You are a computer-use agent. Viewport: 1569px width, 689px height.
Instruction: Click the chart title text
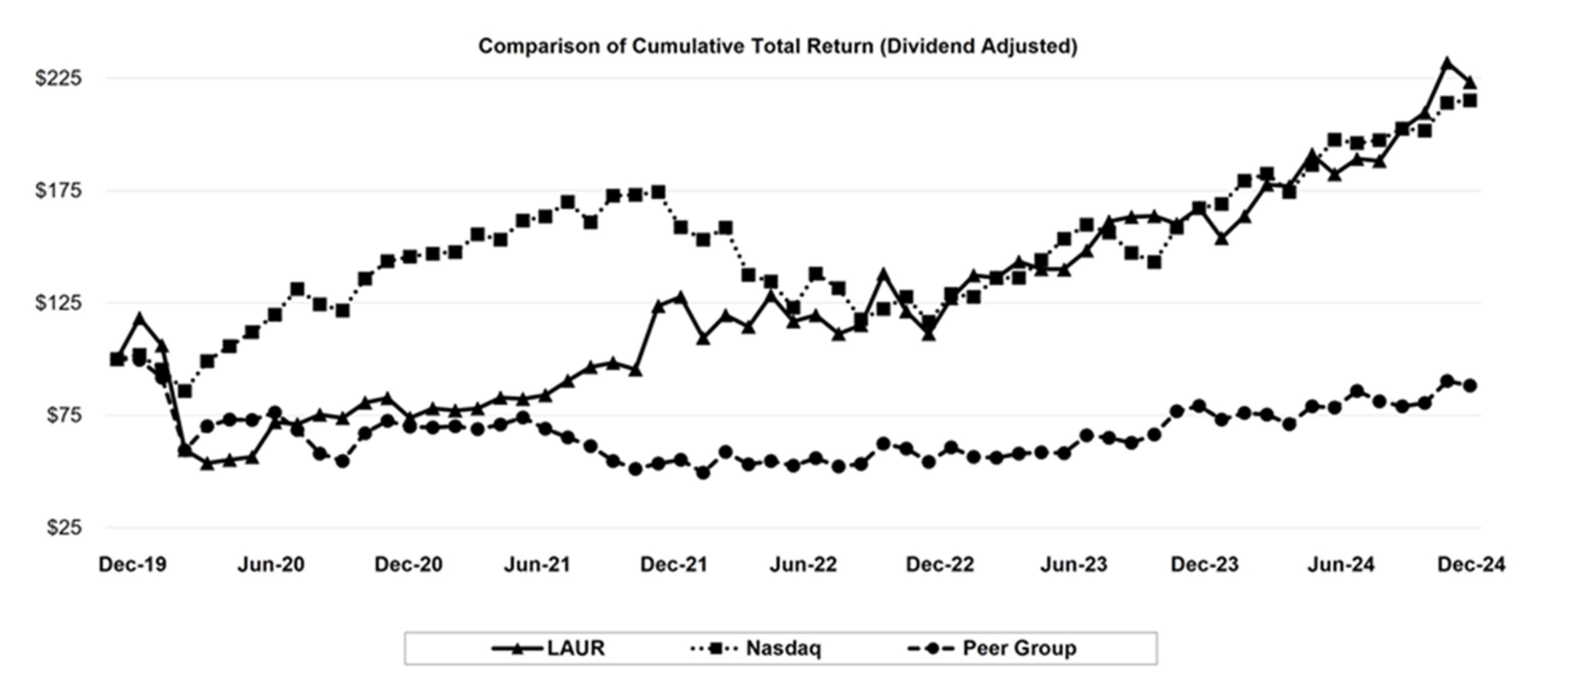tap(777, 46)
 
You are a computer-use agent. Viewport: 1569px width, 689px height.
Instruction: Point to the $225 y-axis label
tap(59, 78)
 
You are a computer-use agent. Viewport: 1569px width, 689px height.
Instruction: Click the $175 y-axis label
tap(59, 191)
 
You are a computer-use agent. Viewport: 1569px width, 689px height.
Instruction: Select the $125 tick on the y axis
tap(59, 303)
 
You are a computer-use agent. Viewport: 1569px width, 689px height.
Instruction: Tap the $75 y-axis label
tap(63, 416)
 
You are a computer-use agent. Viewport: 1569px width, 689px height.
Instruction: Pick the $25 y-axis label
tap(63, 528)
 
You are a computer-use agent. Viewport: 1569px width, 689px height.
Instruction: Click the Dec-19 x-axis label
tap(132, 565)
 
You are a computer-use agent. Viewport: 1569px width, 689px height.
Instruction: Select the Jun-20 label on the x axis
tap(271, 565)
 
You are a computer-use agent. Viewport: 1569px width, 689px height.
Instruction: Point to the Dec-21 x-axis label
tap(673, 565)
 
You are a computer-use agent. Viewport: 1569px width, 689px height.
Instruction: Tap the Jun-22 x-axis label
tap(803, 565)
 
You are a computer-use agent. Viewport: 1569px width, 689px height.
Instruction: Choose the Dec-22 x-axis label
tap(939, 565)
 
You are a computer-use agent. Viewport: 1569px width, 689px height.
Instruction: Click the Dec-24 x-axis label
tap(1471, 565)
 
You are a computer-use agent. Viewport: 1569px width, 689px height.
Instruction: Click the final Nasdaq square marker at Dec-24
tap(1470, 101)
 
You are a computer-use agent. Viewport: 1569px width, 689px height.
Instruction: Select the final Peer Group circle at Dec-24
tap(1470, 386)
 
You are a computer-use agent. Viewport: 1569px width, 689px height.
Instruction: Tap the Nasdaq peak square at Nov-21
tap(658, 192)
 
